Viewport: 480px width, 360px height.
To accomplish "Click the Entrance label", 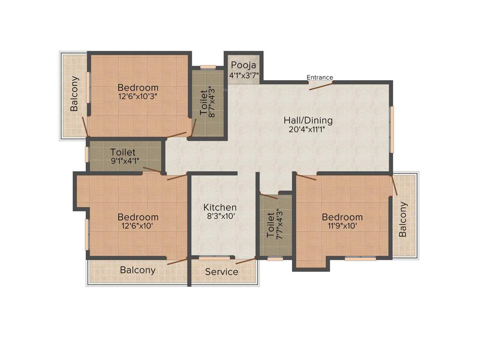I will pyautogui.click(x=320, y=77).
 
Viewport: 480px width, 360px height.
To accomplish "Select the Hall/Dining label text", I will pyautogui.click(x=308, y=120).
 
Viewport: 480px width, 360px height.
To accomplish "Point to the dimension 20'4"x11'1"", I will pyautogui.click(x=307, y=130).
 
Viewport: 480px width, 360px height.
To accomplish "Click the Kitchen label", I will pyautogui.click(x=220, y=207).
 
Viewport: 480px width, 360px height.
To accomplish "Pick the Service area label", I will pyautogui.click(x=222, y=272).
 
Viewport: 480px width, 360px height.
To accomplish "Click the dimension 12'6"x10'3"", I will pyautogui.click(x=138, y=97).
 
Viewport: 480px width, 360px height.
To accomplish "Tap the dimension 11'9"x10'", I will pyautogui.click(x=342, y=226).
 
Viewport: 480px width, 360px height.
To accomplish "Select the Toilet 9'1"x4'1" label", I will pyautogui.click(x=123, y=152).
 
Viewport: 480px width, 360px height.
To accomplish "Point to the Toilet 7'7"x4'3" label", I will pyautogui.click(x=270, y=225).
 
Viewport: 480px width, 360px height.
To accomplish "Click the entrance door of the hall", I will pyautogui.click(x=321, y=85).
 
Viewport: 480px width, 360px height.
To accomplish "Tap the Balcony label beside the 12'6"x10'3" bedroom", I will pyautogui.click(x=75, y=94).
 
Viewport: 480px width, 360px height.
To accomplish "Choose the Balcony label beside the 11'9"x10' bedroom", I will pyautogui.click(x=403, y=219).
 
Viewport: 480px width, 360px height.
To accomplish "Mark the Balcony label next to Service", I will pyautogui.click(x=138, y=270).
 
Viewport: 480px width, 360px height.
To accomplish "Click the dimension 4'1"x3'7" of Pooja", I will pyautogui.click(x=243, y=75).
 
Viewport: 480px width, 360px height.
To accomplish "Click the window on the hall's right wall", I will pyautogui.click(x=392, y=129).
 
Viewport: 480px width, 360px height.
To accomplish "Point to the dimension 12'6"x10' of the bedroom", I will pyautogui.click(x=138, y=226).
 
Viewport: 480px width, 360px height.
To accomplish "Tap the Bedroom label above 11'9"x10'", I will pyautogui.click(x=342, y=217).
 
